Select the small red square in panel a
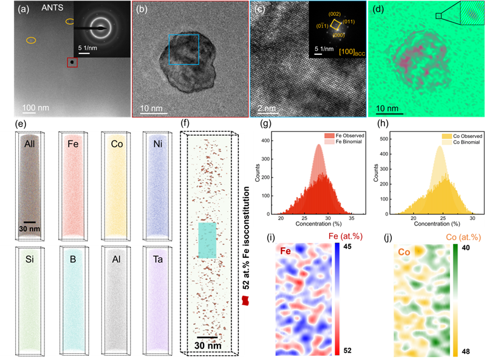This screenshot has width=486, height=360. pos(72,62)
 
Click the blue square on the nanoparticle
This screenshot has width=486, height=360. pos(183,49)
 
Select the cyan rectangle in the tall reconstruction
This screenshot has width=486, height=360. pos(207,240)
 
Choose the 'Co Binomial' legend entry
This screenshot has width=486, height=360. pos(463,142)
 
